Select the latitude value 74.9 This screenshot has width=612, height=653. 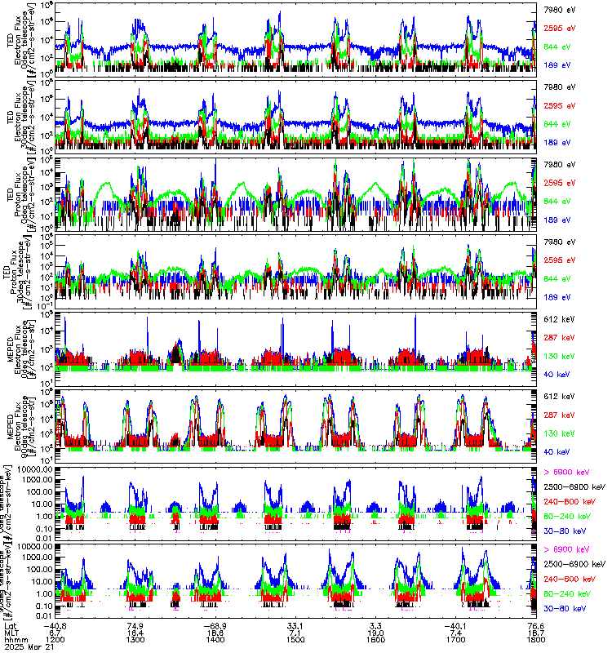135,625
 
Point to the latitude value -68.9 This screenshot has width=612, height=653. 215,625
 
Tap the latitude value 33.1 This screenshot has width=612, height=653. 295,625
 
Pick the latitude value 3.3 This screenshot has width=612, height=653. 375,625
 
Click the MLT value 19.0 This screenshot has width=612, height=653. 375,633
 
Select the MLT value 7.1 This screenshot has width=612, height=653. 295,633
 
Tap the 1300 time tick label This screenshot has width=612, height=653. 135,640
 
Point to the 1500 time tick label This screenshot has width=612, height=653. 295,640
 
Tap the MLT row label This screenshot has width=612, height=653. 11,633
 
